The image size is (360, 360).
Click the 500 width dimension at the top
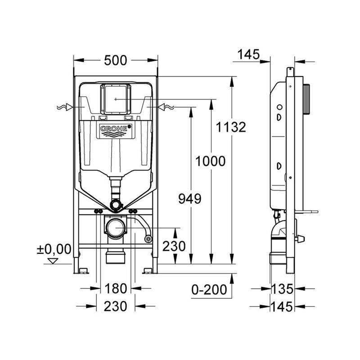point(116,60)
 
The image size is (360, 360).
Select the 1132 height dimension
point(231,127)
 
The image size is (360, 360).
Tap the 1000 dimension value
point(210,161)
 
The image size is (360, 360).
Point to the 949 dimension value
point(190,199)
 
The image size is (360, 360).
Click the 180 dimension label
point(116,288)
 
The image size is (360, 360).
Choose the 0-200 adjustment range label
point(209,289)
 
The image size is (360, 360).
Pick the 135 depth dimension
point(282,289)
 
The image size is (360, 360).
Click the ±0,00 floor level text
point(54,249)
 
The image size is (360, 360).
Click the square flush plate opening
point(116,99)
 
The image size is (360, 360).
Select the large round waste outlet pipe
point(116,229)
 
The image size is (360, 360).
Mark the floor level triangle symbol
point(53,261)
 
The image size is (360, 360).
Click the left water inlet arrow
point(65,107)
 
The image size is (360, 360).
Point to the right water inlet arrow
point(166,107)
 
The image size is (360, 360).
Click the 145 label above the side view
point(248,54)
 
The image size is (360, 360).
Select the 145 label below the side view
point(282,306)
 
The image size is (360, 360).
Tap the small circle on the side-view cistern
point(279,107)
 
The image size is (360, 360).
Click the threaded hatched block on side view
point(306,99)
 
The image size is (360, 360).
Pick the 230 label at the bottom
point(115,306)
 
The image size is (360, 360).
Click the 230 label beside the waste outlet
point(174,246)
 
